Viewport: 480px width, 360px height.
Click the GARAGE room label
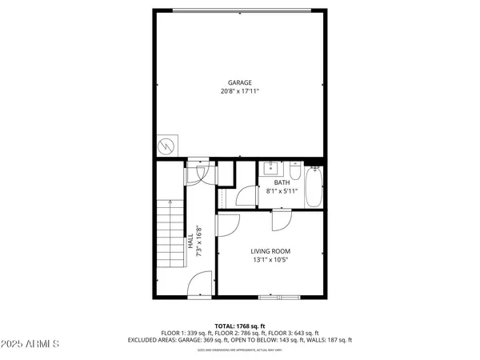point(240,82)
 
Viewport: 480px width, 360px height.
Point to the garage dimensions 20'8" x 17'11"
point(240,91)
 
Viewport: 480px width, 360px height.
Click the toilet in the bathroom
point(295,173)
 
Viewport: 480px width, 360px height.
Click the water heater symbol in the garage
point(166,146)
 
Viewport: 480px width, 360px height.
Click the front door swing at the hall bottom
point(200,284)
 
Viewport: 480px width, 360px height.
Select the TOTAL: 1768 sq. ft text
point(240,326)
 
